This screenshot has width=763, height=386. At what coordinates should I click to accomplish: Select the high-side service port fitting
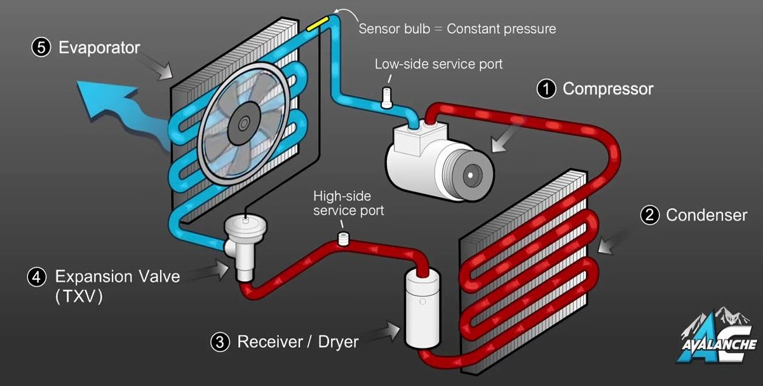pos(344,239)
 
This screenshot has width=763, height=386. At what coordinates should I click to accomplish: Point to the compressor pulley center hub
pos(471,173)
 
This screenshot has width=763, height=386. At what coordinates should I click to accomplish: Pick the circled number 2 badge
pos(649,216)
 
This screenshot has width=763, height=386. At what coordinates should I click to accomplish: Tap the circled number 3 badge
pos(220,342)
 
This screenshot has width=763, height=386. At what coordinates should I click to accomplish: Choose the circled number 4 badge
pos(37,277)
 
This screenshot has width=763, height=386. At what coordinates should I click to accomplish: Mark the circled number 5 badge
pos(41,48)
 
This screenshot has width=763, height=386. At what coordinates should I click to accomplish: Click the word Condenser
pos(706,216)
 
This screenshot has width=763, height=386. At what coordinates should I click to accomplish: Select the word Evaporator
pos(99,48)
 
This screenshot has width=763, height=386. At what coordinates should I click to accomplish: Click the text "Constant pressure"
pos(501,29)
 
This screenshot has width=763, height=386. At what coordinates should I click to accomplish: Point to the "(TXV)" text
pos(79,296)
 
